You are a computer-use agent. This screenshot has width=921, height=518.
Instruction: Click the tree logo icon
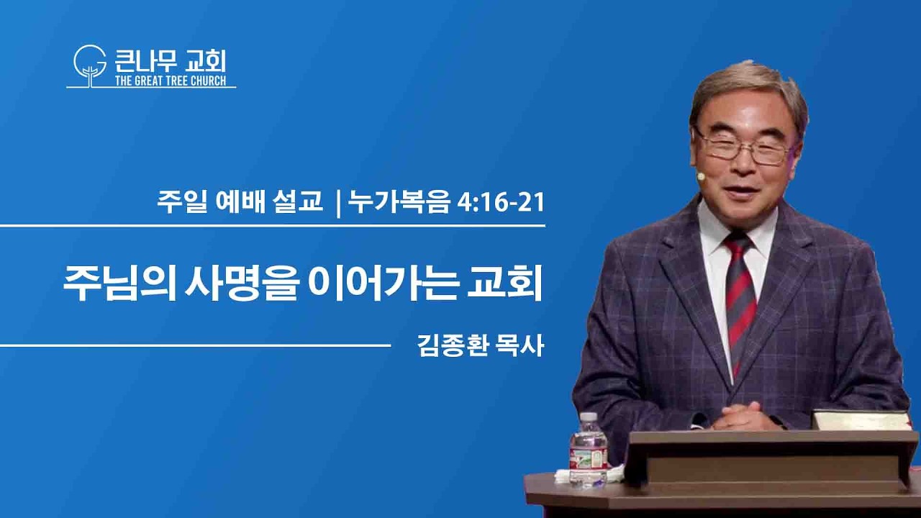[90, 65]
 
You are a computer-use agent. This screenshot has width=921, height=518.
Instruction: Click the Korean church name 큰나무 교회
[171, 62]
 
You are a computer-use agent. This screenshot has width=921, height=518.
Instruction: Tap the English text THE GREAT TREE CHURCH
[171, 81]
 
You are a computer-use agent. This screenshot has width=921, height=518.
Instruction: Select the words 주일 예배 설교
[240, 202]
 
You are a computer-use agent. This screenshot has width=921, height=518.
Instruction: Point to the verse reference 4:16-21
[502, 203]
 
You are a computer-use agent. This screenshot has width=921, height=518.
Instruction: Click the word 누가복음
[399, 203]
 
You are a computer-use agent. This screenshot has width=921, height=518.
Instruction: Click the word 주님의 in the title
[120, 283]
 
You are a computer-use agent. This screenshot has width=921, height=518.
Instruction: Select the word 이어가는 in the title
[382, 283]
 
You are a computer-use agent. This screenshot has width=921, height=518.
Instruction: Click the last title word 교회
[506, 283]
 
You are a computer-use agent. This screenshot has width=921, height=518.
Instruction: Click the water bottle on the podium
[588, 450]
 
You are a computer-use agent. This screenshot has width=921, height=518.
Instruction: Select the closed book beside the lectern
[861, 420]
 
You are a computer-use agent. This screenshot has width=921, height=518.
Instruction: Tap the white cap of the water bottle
[589, 417]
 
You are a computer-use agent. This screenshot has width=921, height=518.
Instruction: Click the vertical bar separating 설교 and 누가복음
[338, 204]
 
